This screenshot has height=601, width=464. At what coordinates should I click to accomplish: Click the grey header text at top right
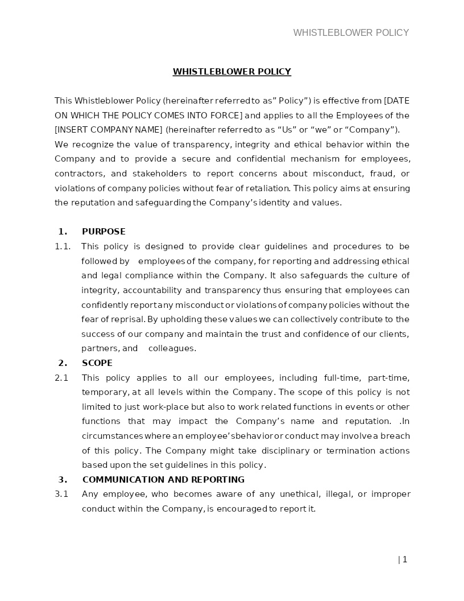351,33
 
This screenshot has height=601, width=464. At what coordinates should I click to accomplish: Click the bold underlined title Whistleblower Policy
232,72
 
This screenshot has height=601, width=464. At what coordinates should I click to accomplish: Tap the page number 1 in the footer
404,559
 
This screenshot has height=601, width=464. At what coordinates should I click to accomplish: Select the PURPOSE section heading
103,232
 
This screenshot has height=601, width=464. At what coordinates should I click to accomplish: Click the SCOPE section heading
97,363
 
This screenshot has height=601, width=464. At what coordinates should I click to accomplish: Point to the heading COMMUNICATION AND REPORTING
163,480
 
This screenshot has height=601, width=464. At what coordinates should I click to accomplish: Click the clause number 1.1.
63,246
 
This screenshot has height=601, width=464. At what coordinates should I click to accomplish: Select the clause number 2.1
61,378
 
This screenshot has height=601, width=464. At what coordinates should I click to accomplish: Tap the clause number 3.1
61,494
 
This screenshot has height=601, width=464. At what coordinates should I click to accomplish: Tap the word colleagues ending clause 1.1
172,348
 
